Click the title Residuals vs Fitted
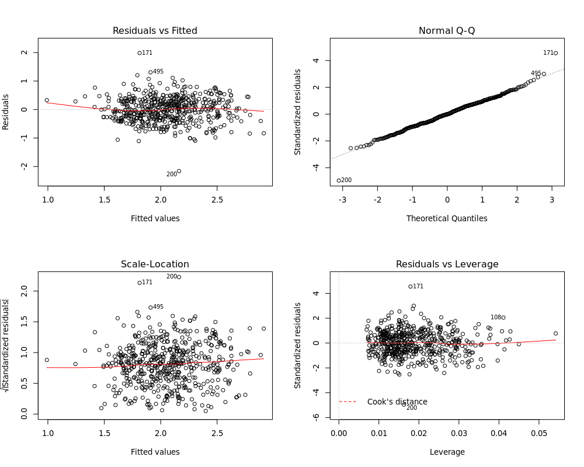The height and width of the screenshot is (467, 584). point(155,30)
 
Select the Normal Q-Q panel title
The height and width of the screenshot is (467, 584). point(447,30)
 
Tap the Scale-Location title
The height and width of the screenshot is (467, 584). point(155,264)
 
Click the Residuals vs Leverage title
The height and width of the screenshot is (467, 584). point(447,264)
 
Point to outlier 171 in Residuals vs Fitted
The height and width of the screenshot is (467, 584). point(140,53)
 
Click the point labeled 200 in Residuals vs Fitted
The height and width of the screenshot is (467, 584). point(179,171)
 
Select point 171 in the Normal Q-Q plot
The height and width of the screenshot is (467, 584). point(555,53)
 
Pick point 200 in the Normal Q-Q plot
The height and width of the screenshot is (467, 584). point(339,180)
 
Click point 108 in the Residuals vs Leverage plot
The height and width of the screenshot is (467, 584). point(503,318)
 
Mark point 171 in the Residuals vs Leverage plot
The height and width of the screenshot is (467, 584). point(411,287)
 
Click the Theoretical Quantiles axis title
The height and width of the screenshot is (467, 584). point(447,218)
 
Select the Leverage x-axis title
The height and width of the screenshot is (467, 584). point(447,452)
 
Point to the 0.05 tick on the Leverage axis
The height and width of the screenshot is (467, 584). point(538,434)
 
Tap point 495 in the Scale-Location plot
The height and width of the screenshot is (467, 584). point(150,307)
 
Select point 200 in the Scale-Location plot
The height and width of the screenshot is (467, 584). point(179,277)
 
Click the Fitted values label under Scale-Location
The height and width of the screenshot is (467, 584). point(155,452)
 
